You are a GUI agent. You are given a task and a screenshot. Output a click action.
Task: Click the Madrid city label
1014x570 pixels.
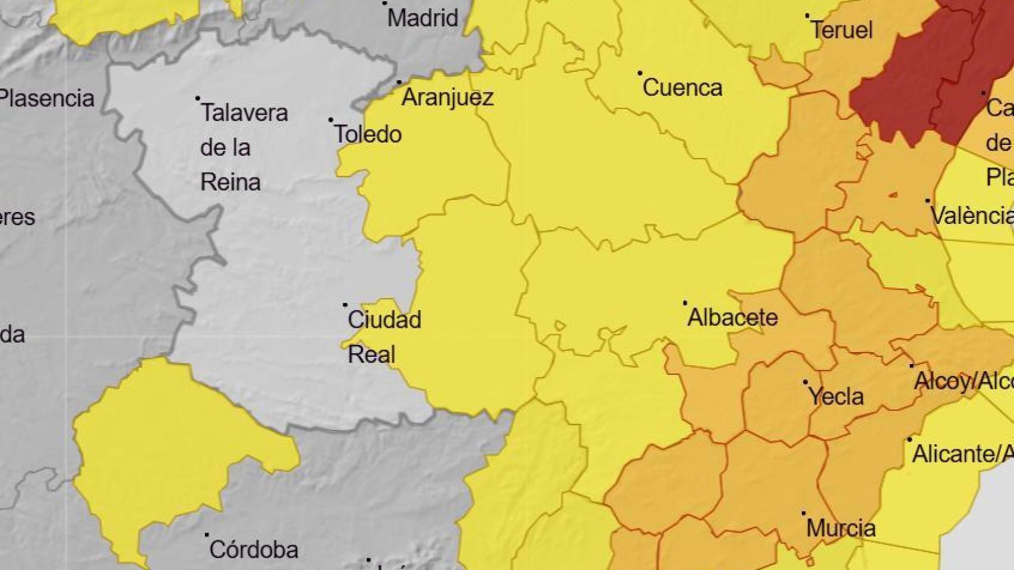point(423,18)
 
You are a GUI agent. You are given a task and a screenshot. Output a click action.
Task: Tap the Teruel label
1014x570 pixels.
point(842,30)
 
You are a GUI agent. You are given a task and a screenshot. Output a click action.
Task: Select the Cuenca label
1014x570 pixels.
point(682,88)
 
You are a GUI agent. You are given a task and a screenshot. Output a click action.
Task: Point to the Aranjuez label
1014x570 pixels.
point(448,97)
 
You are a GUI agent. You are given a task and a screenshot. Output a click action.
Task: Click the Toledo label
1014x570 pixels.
point(368,134)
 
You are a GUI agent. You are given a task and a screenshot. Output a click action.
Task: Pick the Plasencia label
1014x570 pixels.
point(46,98)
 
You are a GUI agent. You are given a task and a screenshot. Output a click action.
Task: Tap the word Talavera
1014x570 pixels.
point(244,113)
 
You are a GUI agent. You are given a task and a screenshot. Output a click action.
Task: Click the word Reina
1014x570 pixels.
point(230,182)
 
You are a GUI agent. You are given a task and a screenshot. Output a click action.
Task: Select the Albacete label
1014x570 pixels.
point(732,318)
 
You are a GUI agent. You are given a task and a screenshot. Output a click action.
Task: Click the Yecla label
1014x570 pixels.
point(836,396)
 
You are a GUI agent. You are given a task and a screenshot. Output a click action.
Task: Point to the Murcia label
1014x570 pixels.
point(840,528)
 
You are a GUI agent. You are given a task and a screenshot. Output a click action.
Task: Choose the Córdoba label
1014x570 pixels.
point(253,549)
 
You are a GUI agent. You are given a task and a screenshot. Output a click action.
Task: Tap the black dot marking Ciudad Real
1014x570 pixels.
point(345,305)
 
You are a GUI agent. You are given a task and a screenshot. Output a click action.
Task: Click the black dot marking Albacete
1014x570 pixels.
point(685,303)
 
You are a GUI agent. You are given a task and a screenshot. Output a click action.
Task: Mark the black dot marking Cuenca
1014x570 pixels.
point(640,73)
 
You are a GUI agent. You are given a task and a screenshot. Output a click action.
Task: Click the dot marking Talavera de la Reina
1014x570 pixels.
point(198,99)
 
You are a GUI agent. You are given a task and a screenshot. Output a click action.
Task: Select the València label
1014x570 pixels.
point(971,215)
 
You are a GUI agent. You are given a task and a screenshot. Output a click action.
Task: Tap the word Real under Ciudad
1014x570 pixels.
point(371,354)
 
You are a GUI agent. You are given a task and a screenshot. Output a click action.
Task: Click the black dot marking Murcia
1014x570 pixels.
point(804,513)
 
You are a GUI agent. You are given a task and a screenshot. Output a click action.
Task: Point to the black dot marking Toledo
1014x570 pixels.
point(331,120)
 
